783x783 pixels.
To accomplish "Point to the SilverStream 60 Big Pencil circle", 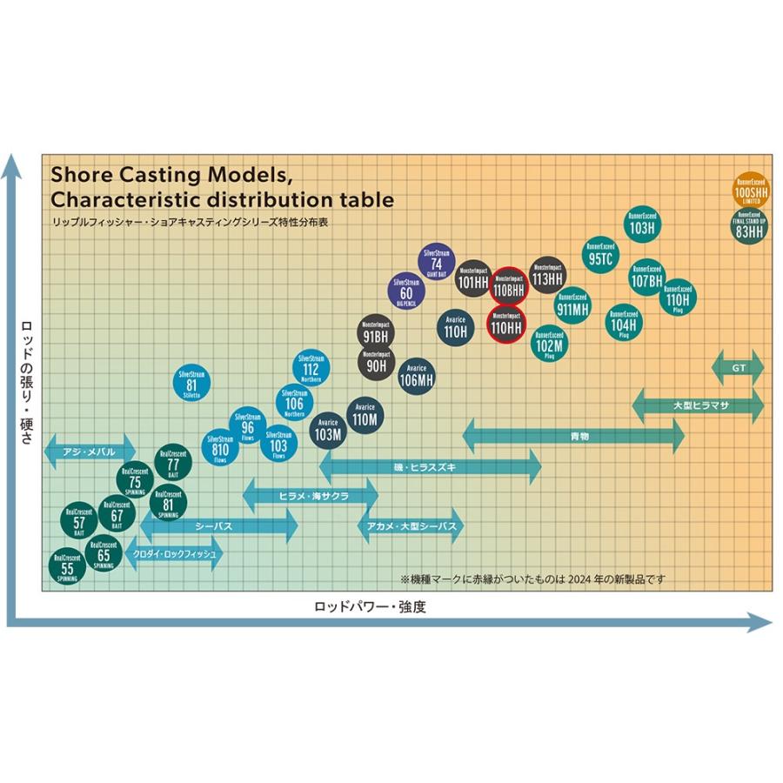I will (406, 293).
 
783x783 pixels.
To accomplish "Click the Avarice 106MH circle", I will (416, 373).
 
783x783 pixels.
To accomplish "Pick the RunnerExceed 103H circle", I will (640, 224).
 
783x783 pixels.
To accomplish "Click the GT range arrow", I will (738, 368).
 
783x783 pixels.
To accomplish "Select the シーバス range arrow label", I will (213, 525).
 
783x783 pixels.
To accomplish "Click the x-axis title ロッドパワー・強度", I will (370, 606).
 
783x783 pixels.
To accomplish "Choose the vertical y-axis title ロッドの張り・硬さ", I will (25, 383).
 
